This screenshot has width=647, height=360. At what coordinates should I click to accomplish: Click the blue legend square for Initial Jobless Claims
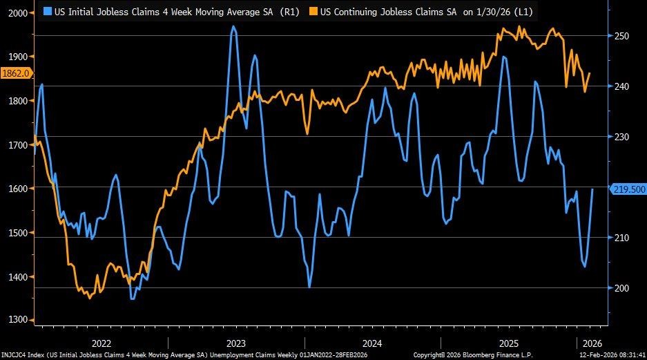pos(48,11)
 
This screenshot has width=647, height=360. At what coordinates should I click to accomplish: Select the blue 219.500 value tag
pos(627,188)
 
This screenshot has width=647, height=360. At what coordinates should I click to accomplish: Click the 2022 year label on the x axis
pos(101,343)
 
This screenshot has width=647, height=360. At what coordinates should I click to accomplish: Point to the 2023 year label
pos(235,343)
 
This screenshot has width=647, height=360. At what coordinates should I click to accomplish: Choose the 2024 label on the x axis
pos(371,343)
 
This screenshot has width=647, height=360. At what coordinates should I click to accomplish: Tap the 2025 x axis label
pos(508,343)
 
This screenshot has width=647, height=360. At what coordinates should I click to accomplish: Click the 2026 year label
pos(592,343)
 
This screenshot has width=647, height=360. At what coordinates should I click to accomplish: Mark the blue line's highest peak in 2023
pos(233,26)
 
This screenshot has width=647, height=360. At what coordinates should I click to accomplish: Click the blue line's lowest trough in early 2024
pos(309,287)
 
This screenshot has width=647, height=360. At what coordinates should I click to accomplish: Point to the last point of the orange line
pos(590,73)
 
